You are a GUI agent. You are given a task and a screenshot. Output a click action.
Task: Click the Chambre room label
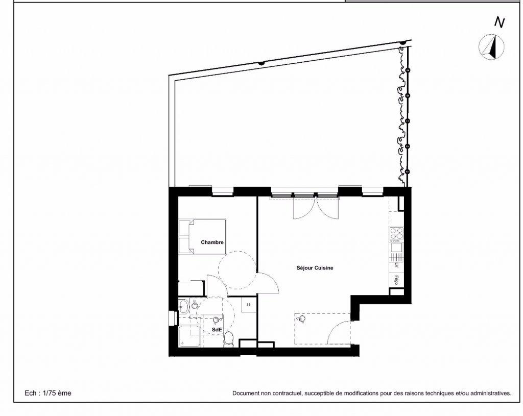212,242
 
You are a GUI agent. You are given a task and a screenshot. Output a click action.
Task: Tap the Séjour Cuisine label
315,267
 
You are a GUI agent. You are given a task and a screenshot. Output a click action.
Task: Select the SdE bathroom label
217,330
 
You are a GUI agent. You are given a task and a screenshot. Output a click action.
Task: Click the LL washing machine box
249,305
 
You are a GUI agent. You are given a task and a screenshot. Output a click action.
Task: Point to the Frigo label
396,280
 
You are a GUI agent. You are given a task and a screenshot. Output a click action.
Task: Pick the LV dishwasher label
396,265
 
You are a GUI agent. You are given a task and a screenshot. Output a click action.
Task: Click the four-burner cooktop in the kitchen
396,234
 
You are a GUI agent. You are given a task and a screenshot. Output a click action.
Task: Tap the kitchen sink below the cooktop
396,248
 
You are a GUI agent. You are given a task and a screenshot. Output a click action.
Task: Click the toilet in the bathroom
229,339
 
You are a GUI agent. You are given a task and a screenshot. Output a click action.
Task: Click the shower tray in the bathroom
190,337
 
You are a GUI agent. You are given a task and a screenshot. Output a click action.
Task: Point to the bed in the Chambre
202,237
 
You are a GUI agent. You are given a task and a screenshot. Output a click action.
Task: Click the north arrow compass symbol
492,47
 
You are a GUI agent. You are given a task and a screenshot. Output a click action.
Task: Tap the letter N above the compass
499,22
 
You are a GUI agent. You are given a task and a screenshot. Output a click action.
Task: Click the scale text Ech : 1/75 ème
48,393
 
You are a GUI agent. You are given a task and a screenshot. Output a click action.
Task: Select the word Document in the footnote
245,394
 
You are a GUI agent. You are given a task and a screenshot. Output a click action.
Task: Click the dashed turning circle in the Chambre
237,270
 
